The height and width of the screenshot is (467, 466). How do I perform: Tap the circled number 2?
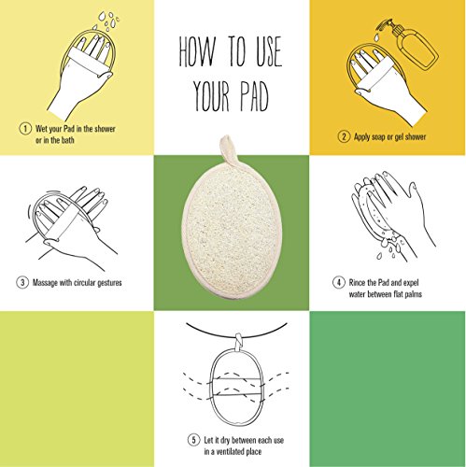[x=344, y=136]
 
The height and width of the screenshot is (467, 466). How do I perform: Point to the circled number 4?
[x=337, y=282]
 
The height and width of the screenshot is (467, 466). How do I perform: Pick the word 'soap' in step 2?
[x=382, y=136]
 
